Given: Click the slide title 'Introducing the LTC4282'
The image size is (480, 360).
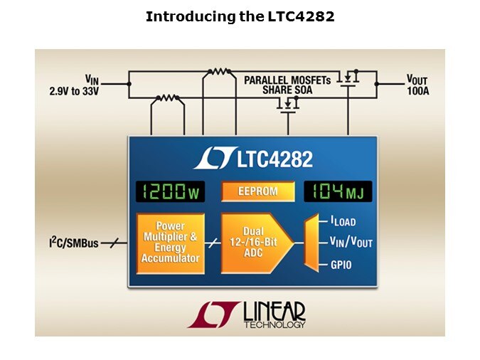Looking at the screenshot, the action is [240, 16].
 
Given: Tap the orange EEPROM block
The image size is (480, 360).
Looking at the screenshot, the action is [257, 191].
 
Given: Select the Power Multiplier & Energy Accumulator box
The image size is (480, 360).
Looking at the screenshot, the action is [170, 243].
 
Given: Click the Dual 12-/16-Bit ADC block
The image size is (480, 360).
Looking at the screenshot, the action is [255, 243].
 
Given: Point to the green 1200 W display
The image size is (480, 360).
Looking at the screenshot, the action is [170, 192].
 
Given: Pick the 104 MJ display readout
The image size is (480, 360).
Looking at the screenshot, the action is [338, 192].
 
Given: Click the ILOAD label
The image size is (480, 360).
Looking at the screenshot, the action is [343, 221].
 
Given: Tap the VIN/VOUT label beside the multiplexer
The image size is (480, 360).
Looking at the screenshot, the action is [351, 242].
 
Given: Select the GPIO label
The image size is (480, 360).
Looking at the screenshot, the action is [341, 265].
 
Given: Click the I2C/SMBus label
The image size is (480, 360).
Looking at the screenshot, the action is [74, 243].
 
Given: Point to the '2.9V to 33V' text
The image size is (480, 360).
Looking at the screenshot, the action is [74, 91].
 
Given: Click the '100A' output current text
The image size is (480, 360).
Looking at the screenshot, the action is [418, 91].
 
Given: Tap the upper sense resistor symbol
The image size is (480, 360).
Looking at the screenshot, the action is [219, 72].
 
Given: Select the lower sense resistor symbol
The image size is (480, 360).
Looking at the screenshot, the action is [167, 97].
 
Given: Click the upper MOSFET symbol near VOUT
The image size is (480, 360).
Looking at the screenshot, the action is [348, 78].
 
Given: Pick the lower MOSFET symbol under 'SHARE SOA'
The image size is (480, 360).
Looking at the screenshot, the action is [288, 105].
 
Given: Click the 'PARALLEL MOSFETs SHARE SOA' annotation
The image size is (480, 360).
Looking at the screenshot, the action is [287, 85].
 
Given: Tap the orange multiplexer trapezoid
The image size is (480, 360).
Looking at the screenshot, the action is [311, 243].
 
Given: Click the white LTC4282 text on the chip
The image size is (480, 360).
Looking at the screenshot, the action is [275, 159].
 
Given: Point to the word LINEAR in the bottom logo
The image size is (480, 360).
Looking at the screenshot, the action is [274, 312].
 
